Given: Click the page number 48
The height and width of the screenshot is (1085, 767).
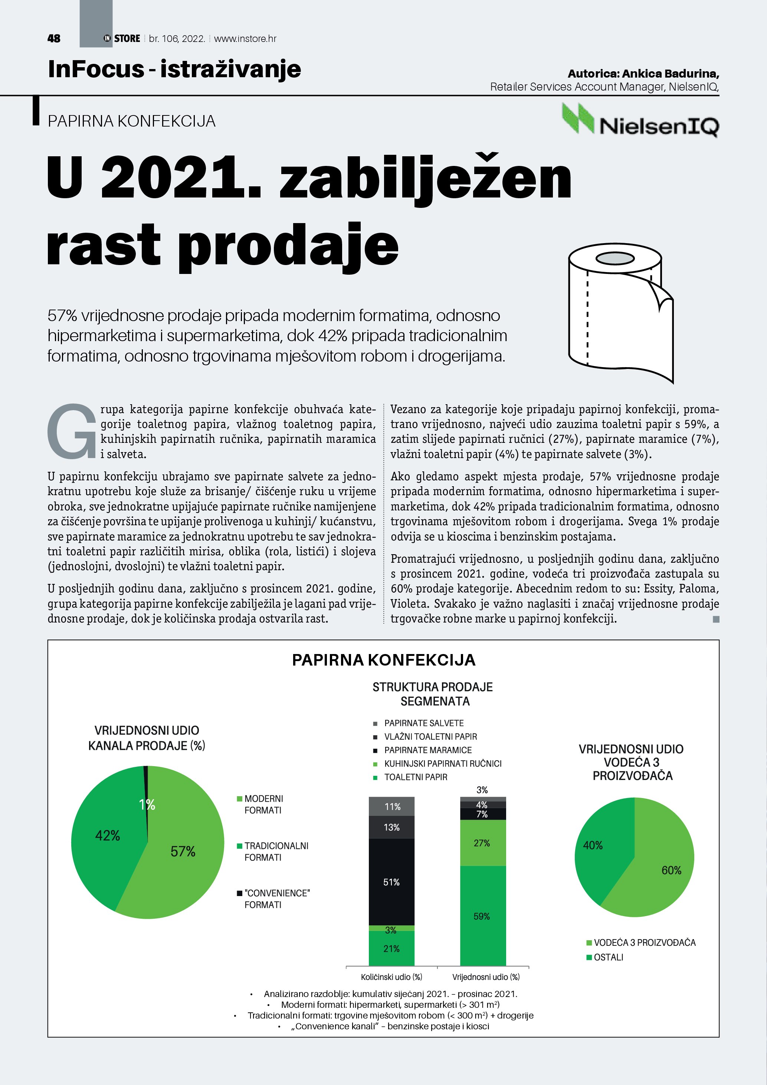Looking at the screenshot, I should click(54, 38).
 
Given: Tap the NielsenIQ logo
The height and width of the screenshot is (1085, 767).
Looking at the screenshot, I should click(640, 121).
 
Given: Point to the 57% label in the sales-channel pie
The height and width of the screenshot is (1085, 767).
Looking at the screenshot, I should click(183, 852).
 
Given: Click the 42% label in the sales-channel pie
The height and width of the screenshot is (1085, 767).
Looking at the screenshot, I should click(108, 836).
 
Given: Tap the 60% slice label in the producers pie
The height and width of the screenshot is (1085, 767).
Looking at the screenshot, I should click(671, 870).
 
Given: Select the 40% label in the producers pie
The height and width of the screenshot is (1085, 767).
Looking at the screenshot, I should click(593, 846).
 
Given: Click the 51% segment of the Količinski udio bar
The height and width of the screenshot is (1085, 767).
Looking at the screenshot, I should click(391, 882).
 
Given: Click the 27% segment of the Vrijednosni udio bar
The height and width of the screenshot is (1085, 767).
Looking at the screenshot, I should click(482, 843).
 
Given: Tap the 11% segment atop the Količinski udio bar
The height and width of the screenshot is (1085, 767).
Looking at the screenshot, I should click(392, 807).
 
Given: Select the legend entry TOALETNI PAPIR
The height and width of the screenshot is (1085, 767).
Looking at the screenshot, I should click(415, 777).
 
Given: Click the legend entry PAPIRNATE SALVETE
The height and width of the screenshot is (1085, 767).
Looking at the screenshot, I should click(424, 723).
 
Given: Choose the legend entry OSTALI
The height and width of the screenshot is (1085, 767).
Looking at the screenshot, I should click(608, 957).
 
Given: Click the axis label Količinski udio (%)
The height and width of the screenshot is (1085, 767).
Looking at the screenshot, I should click(391, 977).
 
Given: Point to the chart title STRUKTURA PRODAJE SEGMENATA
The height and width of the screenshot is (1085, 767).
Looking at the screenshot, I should click(433, 694).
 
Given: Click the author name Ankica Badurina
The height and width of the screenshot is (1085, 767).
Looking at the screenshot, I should click(670, 74).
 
